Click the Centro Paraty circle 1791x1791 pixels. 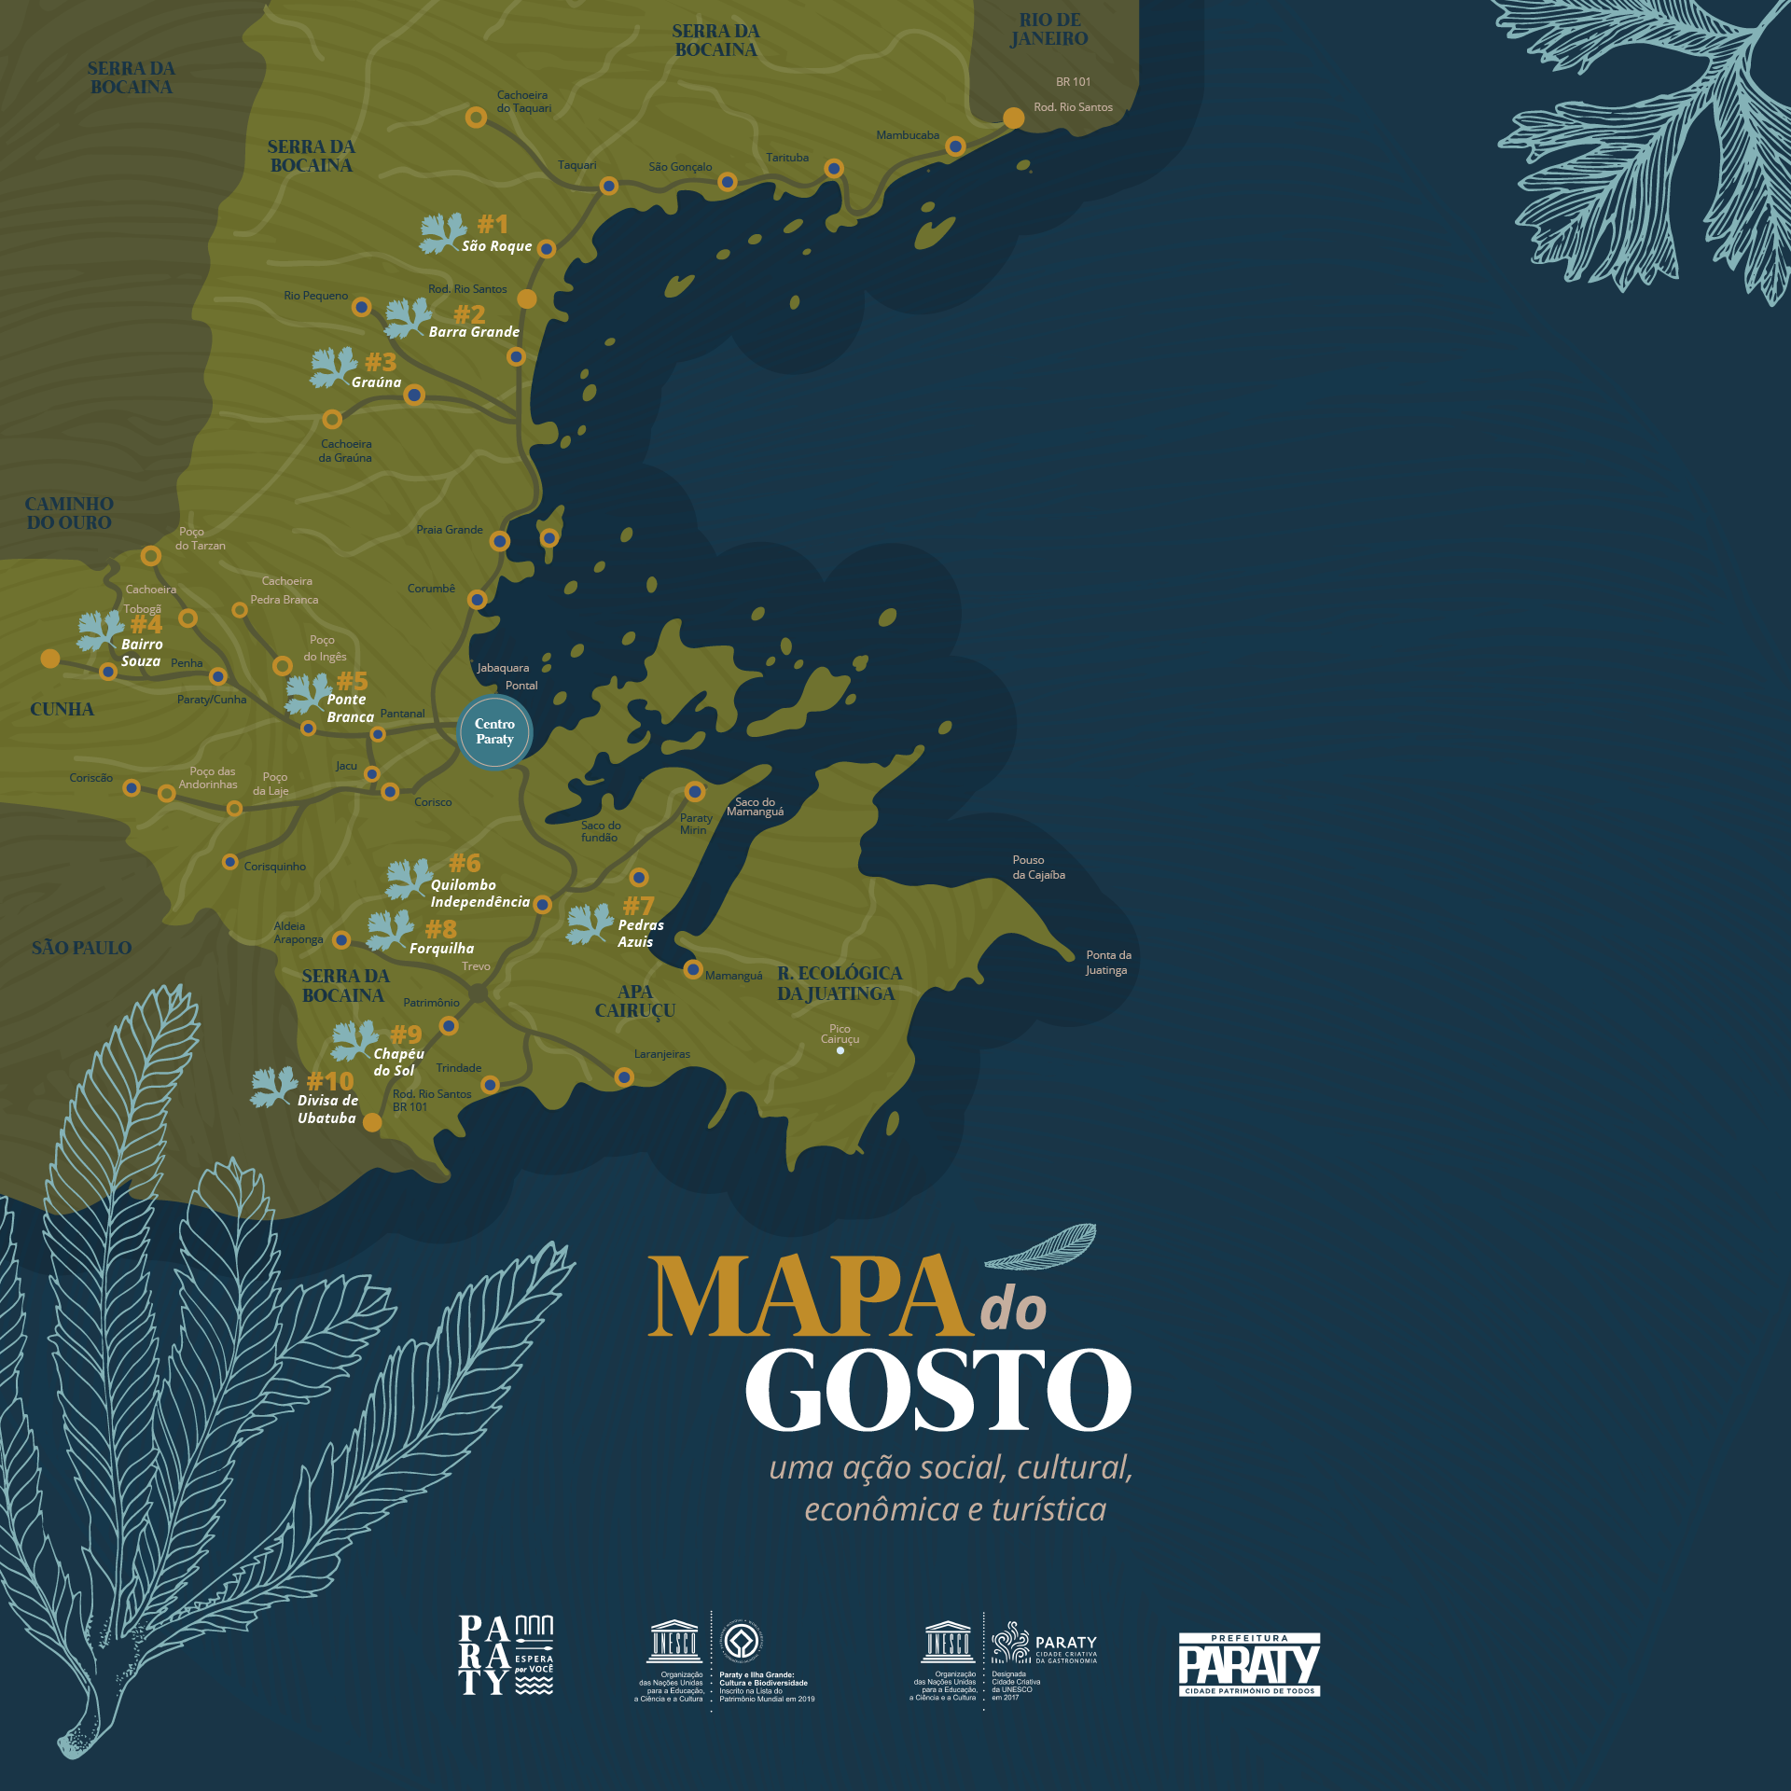point(494,731)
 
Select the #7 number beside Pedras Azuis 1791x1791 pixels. point(639,906)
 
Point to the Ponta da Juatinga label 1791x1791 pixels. point(1107,963)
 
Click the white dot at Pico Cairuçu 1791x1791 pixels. point(840,1050)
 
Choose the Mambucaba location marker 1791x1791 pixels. point(955,146)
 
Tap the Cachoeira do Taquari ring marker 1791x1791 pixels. point(476,118)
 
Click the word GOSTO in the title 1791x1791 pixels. point(937,1391)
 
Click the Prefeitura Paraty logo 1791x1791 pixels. point(1249,1665)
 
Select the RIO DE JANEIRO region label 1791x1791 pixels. point(1049,30)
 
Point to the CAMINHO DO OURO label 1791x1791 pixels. point(69,513)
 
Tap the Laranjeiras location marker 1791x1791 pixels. point(624,1077)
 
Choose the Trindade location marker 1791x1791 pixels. point(490,1085)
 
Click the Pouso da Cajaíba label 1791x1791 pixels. point(1038,868)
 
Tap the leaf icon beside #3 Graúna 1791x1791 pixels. point(333,367)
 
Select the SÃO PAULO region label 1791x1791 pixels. point(81,948)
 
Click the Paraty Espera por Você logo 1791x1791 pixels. point(506,1656)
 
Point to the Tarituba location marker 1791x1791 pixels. point(834,169)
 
